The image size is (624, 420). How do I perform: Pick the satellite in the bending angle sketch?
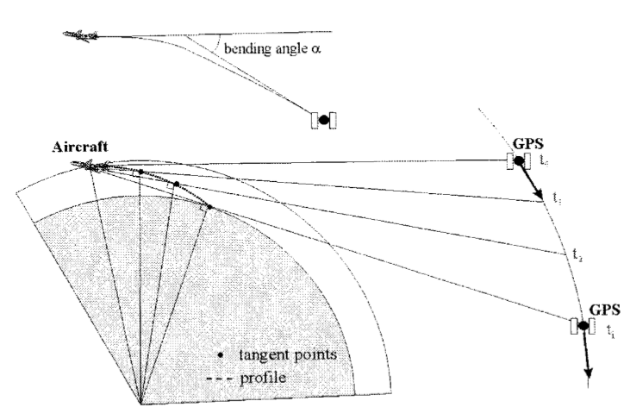(x=323, y=120)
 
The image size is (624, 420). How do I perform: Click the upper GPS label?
(x=526, y=144)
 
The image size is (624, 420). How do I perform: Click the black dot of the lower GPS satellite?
(x=583, y=326)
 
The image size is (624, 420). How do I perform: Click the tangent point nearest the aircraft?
(x=140, y=172)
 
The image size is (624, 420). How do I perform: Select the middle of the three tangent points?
(x=176, y=184)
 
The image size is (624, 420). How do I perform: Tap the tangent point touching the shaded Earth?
(x=209, y=207)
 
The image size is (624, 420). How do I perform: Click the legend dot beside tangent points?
(x=222, y=354)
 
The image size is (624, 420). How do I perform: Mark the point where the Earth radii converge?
(x=140, y=403)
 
